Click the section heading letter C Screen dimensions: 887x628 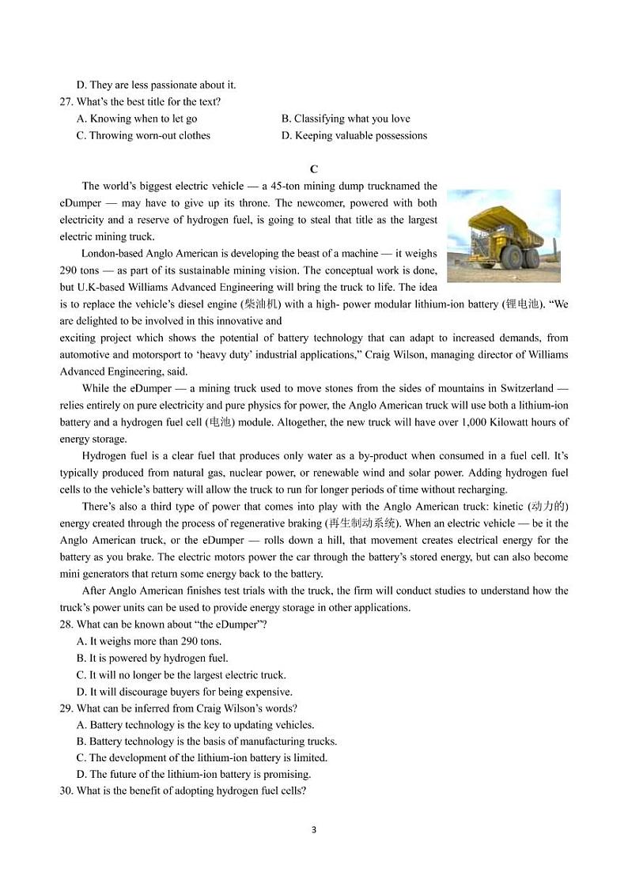(314, 169)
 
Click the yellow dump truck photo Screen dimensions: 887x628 (503, 236)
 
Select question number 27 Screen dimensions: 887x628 (67, 102)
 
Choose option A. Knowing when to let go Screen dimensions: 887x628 (137, 119)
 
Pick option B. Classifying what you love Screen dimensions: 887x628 (346, 119)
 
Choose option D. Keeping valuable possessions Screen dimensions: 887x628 (354, 135)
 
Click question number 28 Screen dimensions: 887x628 (67, 625)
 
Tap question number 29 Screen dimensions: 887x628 (67, 708)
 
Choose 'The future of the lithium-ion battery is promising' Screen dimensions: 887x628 (194, 774)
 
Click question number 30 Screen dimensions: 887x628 (67, 791)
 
